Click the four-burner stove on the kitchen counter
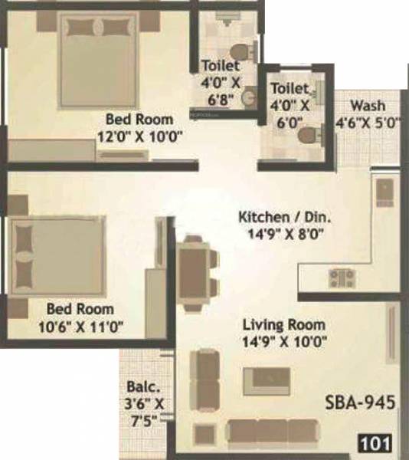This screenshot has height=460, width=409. pyautogui.click(x=339, y=274)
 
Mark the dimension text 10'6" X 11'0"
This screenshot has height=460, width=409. pyautogui.click(x=80, y=326)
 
